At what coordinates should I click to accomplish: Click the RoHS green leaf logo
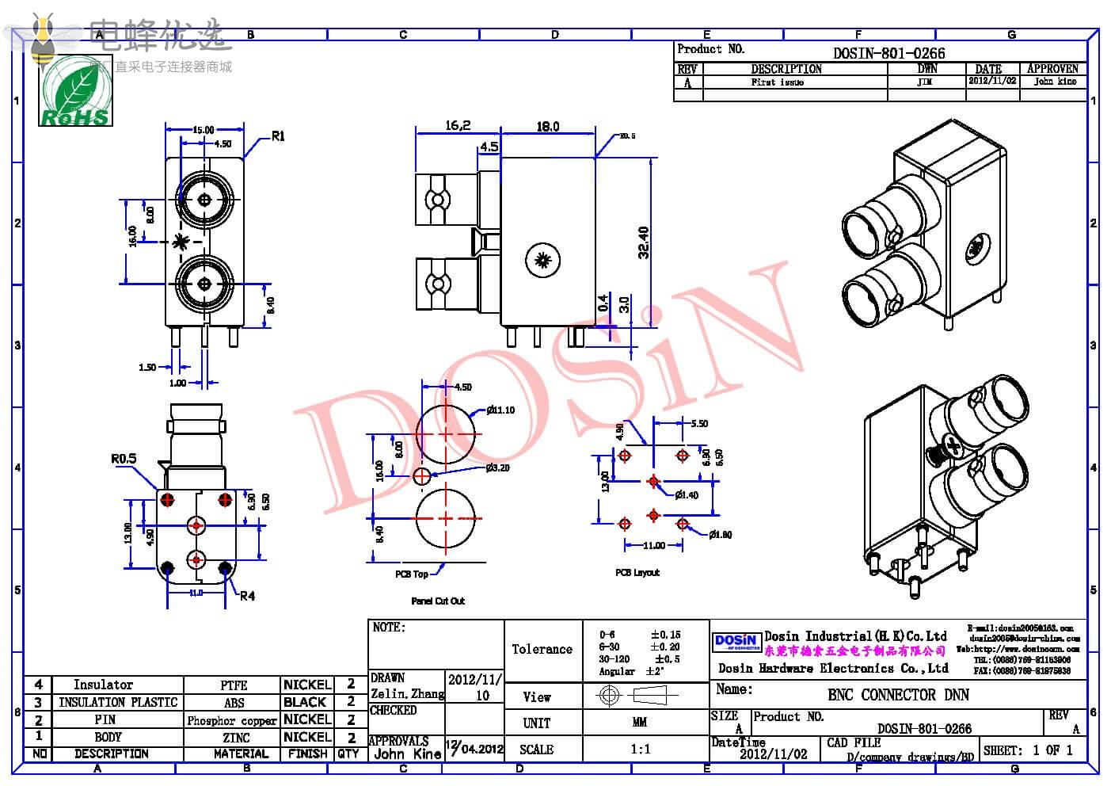coord(75,93)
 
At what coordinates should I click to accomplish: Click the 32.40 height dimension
coord(644,242)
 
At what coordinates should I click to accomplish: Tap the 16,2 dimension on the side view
coord(458,126)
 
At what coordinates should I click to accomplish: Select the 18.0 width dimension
coord(548,127)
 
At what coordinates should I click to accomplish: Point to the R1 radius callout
coord(278,136)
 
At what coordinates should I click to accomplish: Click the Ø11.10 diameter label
coord(500,410)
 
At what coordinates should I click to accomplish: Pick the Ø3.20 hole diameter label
coord(498,467)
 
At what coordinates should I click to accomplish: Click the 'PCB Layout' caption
coord(637,572)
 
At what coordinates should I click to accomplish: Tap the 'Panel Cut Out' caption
coord(438,601)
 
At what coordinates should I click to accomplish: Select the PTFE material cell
coord(234,685)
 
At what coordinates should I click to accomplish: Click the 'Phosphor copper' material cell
coord(232,720)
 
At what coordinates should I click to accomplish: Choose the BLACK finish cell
coord(305,702)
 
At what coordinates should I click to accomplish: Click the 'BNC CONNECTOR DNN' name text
coord(898,695)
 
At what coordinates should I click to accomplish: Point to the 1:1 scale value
coord(640,749)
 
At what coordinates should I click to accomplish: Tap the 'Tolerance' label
coord(542,650)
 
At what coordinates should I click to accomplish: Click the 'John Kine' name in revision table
coord(1055,82)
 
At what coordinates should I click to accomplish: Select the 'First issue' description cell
coord(777,82)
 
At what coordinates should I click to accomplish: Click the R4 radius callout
coord(248,596)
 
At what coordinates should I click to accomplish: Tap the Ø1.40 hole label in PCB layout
coord(687,495)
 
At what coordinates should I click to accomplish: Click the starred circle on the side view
coord(543,259)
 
